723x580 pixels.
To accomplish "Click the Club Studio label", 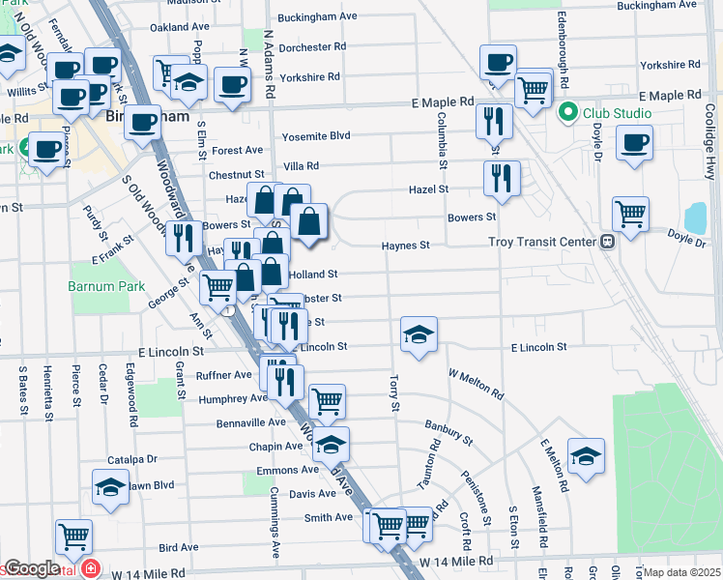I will pos(617,113).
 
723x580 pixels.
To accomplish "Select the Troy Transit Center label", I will pos(544,242).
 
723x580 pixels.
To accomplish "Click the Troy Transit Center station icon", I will pos(608,242).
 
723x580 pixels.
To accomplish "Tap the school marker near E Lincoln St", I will pos(419,334).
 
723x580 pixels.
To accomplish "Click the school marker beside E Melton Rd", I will pos(585,457).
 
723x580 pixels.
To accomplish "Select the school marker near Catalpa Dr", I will pos(110,486).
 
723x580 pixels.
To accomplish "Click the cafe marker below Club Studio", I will pos(634,144).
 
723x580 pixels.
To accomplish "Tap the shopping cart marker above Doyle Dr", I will pos(630,214).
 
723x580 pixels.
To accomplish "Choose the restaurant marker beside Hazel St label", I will pos(502,177).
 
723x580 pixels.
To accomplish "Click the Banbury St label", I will pos(448,431).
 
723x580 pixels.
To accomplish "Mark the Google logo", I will pos(32,568).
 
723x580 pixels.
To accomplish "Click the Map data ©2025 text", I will pos(681,572).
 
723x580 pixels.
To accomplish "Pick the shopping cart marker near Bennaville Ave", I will pos(327,399).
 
